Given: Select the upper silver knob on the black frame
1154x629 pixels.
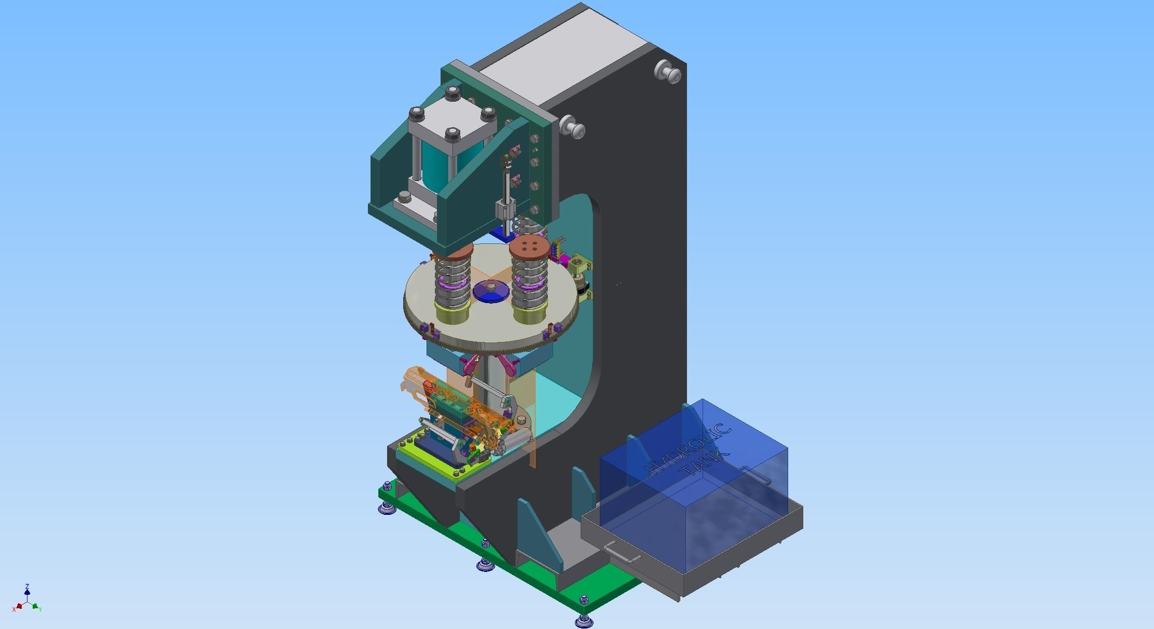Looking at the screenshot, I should [x=668, y=71].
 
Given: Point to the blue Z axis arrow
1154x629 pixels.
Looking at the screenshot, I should [x=27, y=591].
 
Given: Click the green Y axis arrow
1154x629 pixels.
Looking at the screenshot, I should [x=36, y=606].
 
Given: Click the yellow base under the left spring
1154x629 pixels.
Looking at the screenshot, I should [x=453, y=314].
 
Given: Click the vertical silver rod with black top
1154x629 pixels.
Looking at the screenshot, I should [x=505, y=182].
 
